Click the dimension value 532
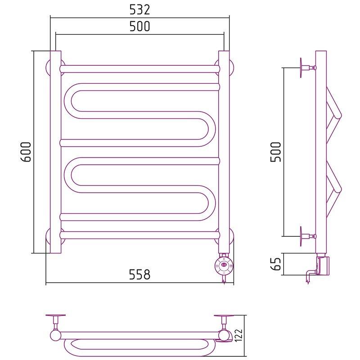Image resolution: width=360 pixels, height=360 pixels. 139,9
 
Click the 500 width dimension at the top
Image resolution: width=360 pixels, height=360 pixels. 139,26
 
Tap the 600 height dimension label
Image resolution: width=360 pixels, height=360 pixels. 26,152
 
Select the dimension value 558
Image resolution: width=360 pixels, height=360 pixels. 139,274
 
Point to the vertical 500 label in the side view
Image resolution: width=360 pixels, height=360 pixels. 276,152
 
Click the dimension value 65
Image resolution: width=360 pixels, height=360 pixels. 276,264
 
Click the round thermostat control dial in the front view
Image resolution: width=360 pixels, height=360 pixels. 224,266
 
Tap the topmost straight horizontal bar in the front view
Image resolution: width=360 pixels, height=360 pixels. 139,69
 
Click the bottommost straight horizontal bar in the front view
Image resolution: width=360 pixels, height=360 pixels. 139,235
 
